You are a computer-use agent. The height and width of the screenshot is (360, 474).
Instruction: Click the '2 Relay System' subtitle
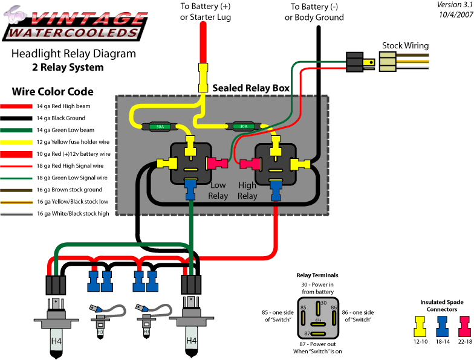point(68,67)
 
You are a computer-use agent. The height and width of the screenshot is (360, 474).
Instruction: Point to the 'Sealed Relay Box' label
point(250,88)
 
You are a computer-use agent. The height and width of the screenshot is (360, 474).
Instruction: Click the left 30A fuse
point(160,127)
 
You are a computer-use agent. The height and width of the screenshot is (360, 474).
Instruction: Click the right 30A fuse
point(243,127)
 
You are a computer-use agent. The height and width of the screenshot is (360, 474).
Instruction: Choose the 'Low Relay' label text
point(218,191)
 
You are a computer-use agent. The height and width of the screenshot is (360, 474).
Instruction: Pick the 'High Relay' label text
point(247,191)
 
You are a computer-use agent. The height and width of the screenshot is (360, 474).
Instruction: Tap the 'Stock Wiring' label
point(405,45)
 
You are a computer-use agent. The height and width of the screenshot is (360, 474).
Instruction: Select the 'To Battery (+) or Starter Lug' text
point(205,11)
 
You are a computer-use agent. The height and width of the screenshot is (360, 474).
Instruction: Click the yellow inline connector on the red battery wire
point(203,78)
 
